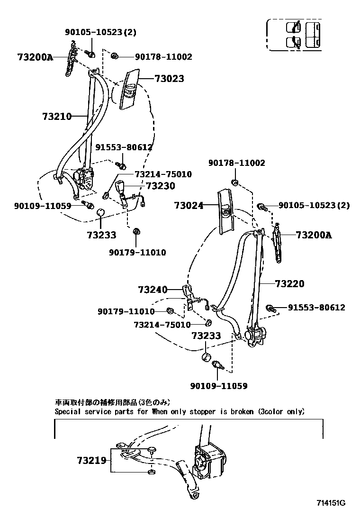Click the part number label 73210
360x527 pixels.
coord(56,117)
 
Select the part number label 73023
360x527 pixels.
coord(169,79)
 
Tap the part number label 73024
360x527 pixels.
coord(188,206)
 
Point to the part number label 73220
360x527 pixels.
coord(289,284)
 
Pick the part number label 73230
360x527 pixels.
coord(160,186)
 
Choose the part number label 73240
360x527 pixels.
coord(153,290)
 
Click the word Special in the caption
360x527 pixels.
coord(68,412)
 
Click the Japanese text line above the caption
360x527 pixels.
coord(112,403)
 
